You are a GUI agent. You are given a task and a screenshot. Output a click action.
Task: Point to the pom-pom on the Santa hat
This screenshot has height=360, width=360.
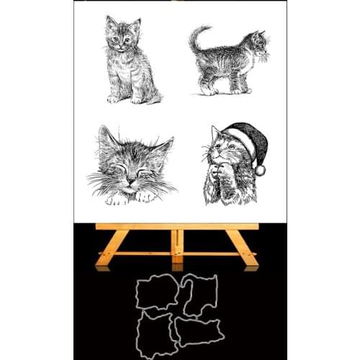tap(259, 170)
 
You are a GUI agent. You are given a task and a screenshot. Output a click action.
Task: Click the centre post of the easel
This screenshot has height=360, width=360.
tap(176, 245)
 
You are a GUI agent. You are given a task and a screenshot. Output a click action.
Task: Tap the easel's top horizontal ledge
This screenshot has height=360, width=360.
tap(177, 226)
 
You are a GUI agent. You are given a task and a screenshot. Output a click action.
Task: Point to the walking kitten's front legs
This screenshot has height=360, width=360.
tap(238, 84)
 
